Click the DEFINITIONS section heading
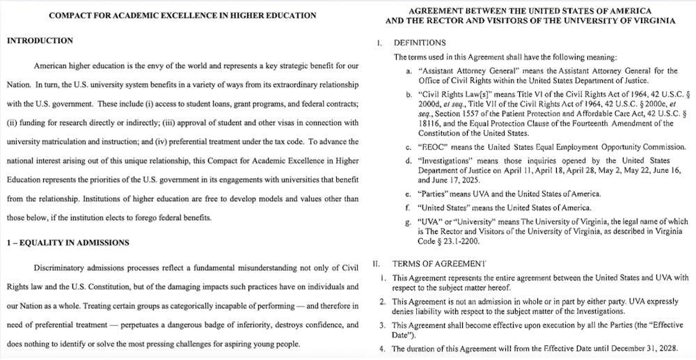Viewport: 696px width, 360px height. point(421,43)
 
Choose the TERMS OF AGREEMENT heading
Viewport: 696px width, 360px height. point(439,263)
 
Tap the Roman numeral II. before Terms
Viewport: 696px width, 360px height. point(376,263)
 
